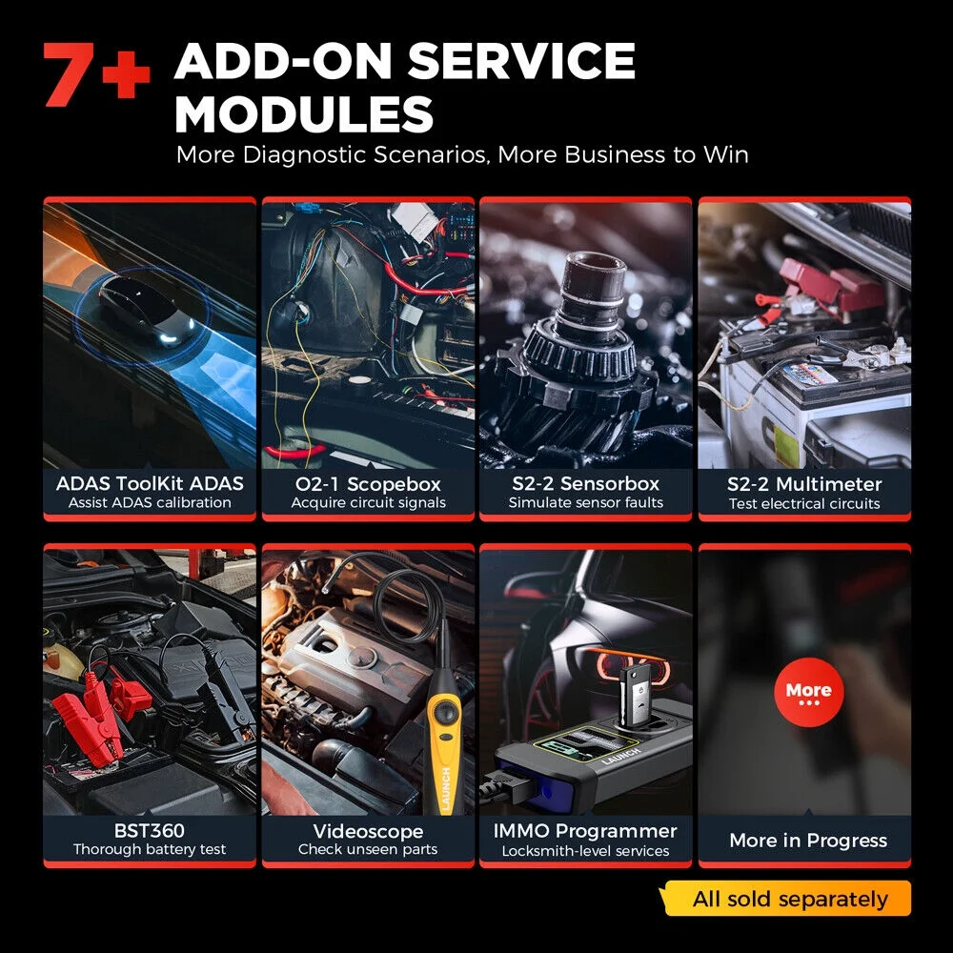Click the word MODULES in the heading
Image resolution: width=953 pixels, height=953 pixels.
[304, 115]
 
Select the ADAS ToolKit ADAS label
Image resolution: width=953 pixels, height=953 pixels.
[150, 483]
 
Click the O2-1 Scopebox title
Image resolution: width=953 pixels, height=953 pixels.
[368, 483]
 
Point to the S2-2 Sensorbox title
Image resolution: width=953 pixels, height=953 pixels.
[585, 483]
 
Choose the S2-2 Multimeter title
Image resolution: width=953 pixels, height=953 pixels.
[804, 483]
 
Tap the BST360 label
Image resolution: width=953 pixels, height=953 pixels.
[150, 831]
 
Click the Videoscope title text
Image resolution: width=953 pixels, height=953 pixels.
[368, 831]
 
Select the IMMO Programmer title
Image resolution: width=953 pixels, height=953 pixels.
[585, 831]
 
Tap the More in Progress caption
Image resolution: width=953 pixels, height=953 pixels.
[808, 840]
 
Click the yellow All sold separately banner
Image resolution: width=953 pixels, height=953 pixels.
[790, 899]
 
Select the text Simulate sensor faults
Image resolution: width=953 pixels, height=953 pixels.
[585, 503]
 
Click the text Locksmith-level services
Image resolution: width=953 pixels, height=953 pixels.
[585, 851]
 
